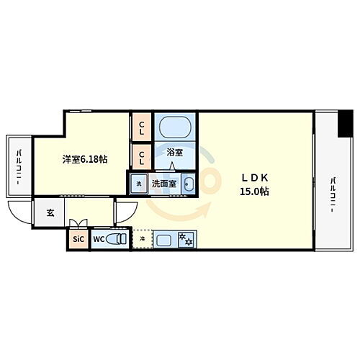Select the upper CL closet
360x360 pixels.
[x=141, y=129]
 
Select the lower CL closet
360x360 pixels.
[x=141, y=156]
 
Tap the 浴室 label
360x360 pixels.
[x=174, y=153]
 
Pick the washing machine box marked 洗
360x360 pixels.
[x=139, y=184]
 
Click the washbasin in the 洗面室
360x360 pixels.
[x=189, y=184]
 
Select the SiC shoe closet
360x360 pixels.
[x=77, y=239]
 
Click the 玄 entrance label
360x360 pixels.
[x=50, y=212]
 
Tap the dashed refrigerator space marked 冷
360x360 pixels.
[x=143, y=238]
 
